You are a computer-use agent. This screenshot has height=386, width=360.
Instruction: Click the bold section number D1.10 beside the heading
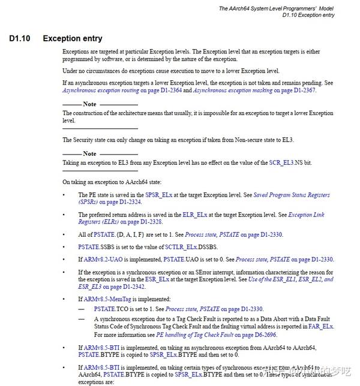pyautogui.click(x=21, y=39)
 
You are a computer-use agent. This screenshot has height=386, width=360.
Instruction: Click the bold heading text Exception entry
pyautogui.click(x=73, y=39)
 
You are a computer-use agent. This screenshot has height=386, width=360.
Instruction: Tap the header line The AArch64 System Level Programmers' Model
pyautogui.click(x=283, y=9)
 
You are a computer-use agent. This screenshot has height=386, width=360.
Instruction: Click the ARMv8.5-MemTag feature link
pyautogui.click(x=112, y=298)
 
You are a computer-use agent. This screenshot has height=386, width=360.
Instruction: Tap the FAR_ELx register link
pyautogui.click(x=321, y=327)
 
